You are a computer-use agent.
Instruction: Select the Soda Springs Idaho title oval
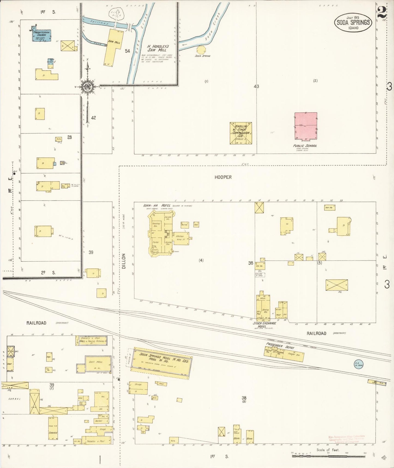[353, 23]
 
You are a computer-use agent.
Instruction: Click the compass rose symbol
[88, 87]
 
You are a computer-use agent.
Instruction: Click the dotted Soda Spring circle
[201, 50]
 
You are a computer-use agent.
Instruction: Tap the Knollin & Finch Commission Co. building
[240, 133]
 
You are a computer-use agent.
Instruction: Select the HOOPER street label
[223, 177]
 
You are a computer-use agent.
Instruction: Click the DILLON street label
[124, 261]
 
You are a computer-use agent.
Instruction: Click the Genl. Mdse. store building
[98, 363]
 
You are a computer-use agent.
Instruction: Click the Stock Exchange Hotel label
[264, 325]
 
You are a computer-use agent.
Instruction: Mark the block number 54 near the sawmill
[127, 51]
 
